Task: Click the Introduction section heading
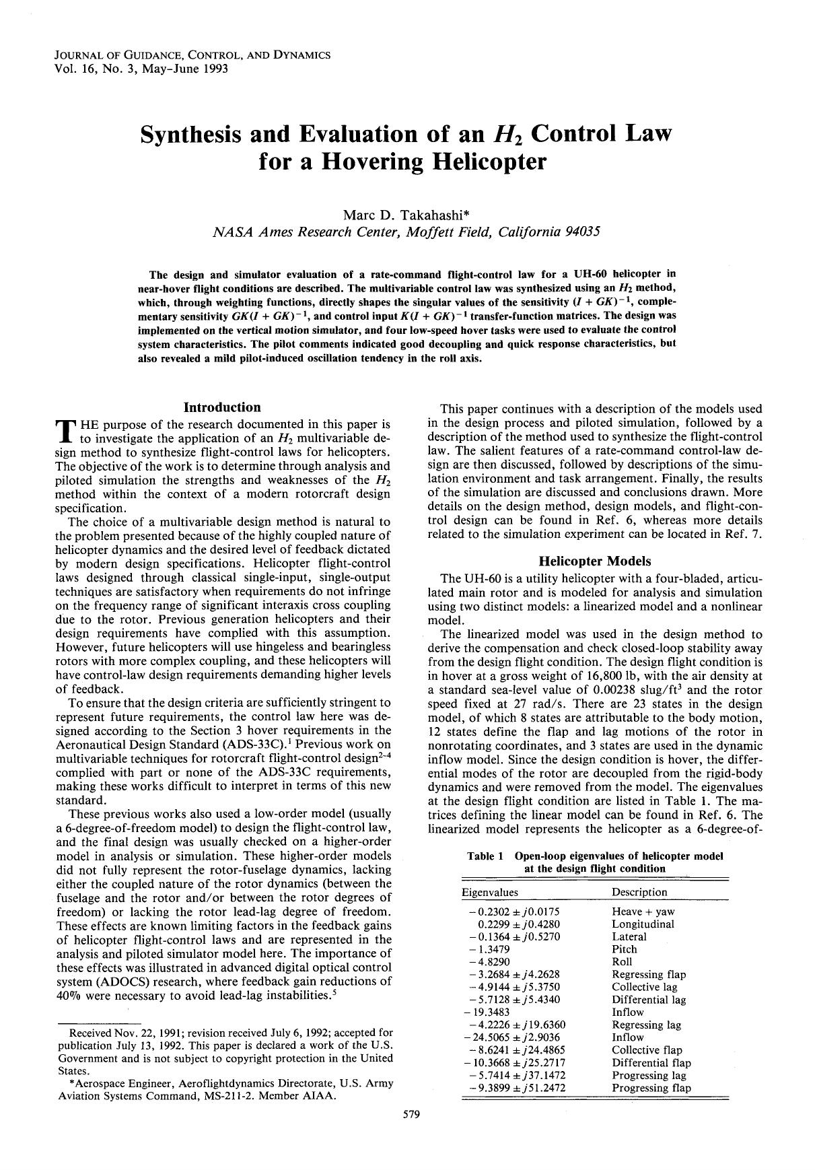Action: click(x=222, y=407)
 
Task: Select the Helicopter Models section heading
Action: click(x=595, y=561)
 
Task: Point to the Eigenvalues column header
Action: click(x=490, y=892)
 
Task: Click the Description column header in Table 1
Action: click(x=639, y=892)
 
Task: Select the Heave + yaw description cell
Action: click(x=643, y=911)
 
